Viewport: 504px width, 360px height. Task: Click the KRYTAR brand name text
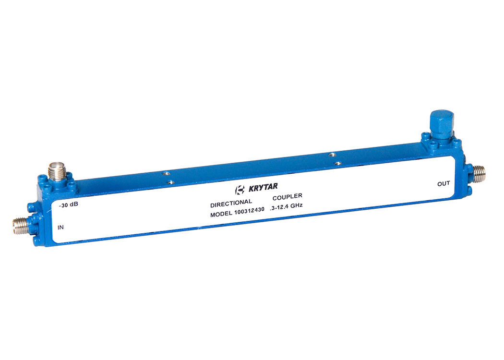point(263,187)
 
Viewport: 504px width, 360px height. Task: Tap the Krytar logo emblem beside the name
point(240,190)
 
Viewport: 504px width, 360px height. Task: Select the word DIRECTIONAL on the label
point(231,203)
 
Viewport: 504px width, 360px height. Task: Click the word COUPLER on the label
point(288,196)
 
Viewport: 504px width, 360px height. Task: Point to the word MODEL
point(221,214)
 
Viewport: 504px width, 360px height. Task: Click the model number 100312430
point(249,211)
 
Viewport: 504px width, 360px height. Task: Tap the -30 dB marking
point(69,205)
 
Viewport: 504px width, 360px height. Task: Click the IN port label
point(61,227)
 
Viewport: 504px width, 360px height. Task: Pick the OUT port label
point(444,183)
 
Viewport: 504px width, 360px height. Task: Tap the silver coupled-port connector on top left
point(57,171)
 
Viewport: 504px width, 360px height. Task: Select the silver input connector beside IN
point(21,222)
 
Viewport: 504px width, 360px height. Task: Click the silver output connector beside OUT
point(479,174)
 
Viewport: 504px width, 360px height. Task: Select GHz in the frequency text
point(296,206)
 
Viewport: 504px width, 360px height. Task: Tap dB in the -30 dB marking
point(74,204)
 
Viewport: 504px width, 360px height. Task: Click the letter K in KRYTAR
point(251,189)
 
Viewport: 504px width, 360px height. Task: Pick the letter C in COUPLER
point(275,198)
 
